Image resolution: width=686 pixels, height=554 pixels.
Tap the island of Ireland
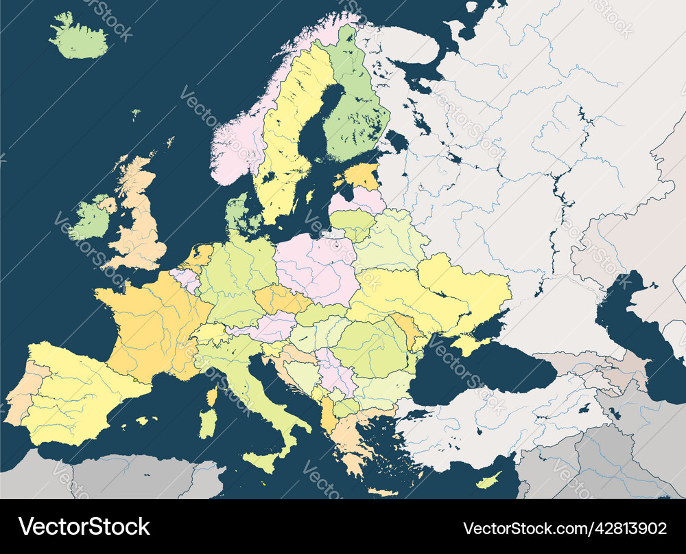(x=91, y=220)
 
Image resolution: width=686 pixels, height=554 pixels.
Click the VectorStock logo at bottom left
(x=84, y=527)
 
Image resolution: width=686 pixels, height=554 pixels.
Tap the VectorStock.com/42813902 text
(x=565, y=528)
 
